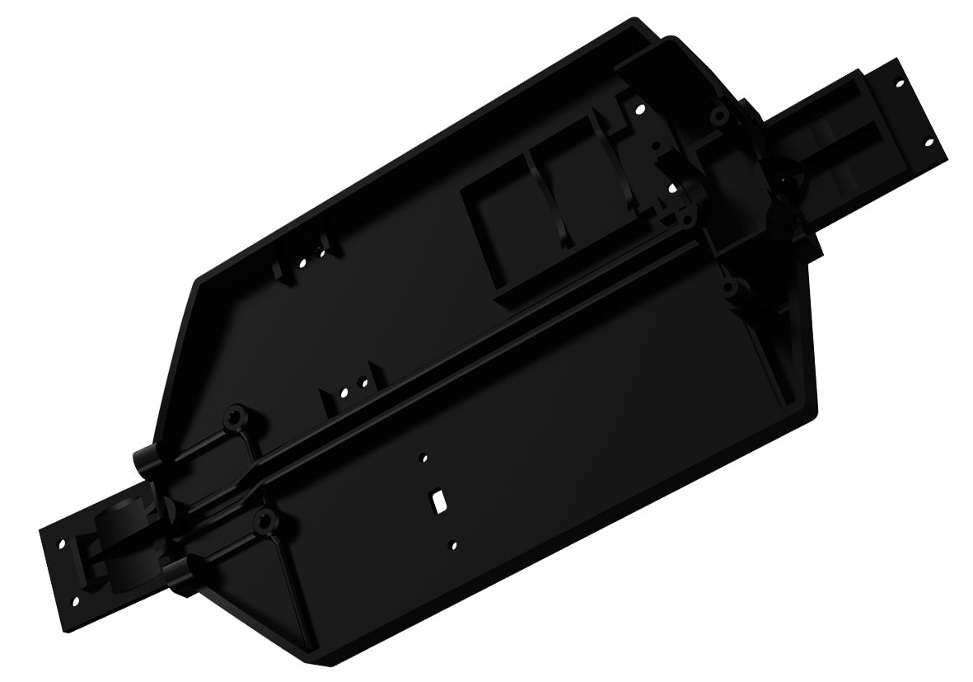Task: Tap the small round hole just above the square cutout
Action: pos(424,456)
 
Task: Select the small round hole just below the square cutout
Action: pos(453,543)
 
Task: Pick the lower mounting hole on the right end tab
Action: pos(930,142)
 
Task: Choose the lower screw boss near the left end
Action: pos(264,519)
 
